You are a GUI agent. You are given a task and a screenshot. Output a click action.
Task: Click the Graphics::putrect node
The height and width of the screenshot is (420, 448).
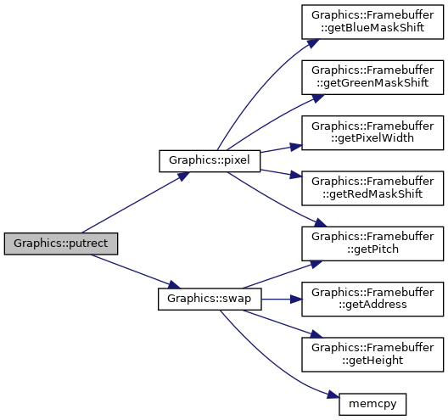(x=61, y=244)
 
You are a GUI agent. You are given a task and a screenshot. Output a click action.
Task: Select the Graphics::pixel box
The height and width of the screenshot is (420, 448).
(x=210, y=161)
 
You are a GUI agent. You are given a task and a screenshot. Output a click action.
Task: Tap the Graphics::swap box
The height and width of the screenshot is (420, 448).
(x=210, y=299)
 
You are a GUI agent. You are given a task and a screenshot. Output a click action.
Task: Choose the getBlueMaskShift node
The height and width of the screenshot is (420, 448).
(x=372, y=22)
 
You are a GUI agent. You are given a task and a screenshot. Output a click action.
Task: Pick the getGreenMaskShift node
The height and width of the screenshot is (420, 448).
(x=372, y=77)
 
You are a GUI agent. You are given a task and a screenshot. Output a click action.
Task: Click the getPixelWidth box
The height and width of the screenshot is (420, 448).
(x=372, y=132)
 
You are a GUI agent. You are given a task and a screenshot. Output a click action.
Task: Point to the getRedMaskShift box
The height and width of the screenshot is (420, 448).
(x=372, y=188)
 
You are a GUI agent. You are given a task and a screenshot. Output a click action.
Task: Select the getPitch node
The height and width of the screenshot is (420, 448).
(x=372, y=244)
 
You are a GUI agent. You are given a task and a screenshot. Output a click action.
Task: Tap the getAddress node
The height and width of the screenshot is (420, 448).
(x=372, y=299)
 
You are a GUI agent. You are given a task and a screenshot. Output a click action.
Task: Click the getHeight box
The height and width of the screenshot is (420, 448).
(x=372, y=355)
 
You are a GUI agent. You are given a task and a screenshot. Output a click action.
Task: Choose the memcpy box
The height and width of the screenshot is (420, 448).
(x=372, y=404)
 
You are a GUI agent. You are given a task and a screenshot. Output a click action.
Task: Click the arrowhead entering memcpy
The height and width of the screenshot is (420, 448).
(x=333, y=395)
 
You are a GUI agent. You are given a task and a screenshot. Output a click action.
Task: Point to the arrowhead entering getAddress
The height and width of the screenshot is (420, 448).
(x=296, y=300)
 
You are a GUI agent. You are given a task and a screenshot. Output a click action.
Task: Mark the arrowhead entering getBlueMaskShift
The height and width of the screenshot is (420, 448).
(x=313, y=43)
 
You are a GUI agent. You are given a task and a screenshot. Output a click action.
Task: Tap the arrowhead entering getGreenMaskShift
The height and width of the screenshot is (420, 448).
(x=318, y=98)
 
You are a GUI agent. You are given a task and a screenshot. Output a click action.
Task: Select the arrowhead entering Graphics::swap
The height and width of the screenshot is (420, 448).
(x=174, y=284)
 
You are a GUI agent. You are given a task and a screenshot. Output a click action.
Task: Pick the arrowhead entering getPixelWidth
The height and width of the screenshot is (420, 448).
(x=296, y=147)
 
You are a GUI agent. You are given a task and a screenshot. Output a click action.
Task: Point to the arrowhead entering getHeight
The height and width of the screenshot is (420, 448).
(x=316, y=333)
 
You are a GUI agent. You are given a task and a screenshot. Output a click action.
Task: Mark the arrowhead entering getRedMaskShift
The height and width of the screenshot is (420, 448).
(x=296, y=175)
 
